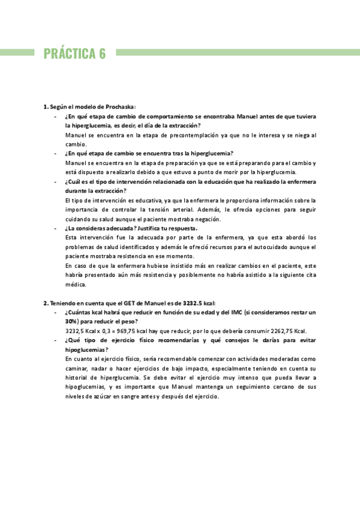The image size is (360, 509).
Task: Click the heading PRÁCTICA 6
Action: point(74,53)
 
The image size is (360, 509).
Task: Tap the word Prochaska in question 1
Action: point(119,106)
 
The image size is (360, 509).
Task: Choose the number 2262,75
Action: point(280,331)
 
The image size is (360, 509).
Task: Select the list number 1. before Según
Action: point(46,106)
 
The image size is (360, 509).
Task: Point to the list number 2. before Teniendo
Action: point(46,303)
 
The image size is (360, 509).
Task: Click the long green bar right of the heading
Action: point(237,53)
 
